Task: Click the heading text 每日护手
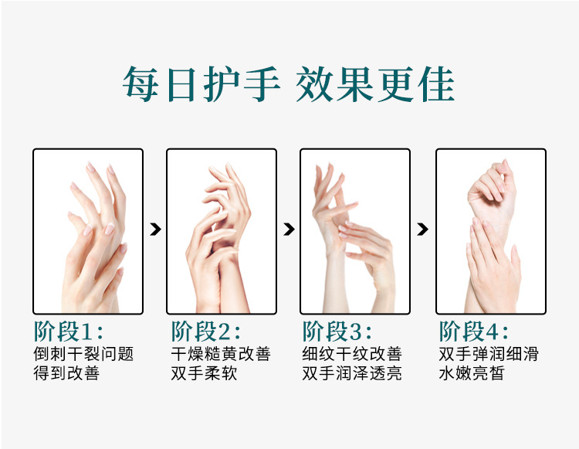coord(201,84)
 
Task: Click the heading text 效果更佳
coord(375,84)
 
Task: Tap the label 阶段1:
coord(68,332)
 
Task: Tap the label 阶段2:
coord(205,332)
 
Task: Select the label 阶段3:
coord(337,332)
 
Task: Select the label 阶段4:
coord(473,332)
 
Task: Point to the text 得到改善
coord(66,374)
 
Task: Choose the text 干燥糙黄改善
coord(221,355)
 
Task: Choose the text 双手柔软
coord(204,374)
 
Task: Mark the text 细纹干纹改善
coord(352,355)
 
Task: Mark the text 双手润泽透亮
coord(352,374)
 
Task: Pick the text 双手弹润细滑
coord(489,355)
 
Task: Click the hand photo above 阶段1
coord(88,231)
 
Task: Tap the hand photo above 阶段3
coord(355,231)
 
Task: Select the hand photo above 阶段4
coord(490,231)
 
